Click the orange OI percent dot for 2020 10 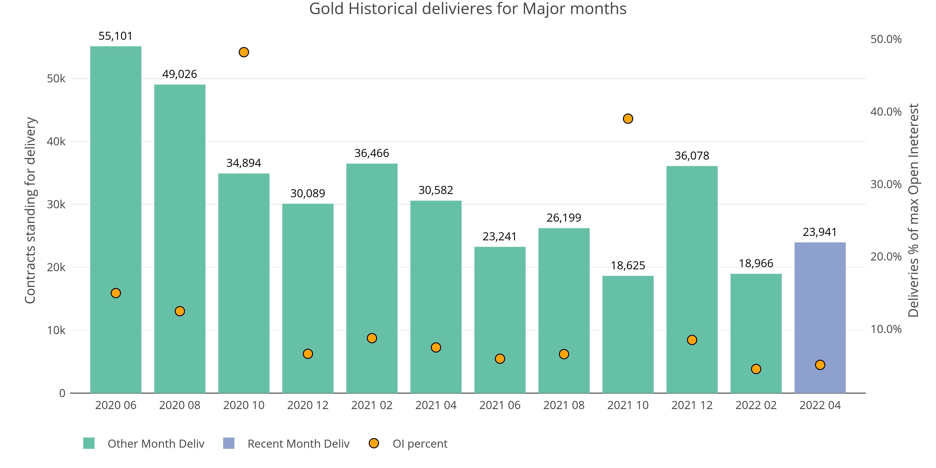pyautogui.click(x=244, y=52)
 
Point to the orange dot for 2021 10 pyautogui.click(x=628, y=119)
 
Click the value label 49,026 pyautogui.click(x=179, y=74)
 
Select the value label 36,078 pyautogui.click(x=692, y=156)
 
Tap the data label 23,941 pyautogui.click(x=820, y=232)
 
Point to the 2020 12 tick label pyautogui.click(x=308, y=405)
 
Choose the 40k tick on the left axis pyautogui.click(x=56, y=141)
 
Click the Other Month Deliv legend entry pyautogui.click(x=156, y=444)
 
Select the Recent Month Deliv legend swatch pyautogui.click(x=229, y=443)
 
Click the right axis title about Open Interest pyautogui.click(x=914, y=210)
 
